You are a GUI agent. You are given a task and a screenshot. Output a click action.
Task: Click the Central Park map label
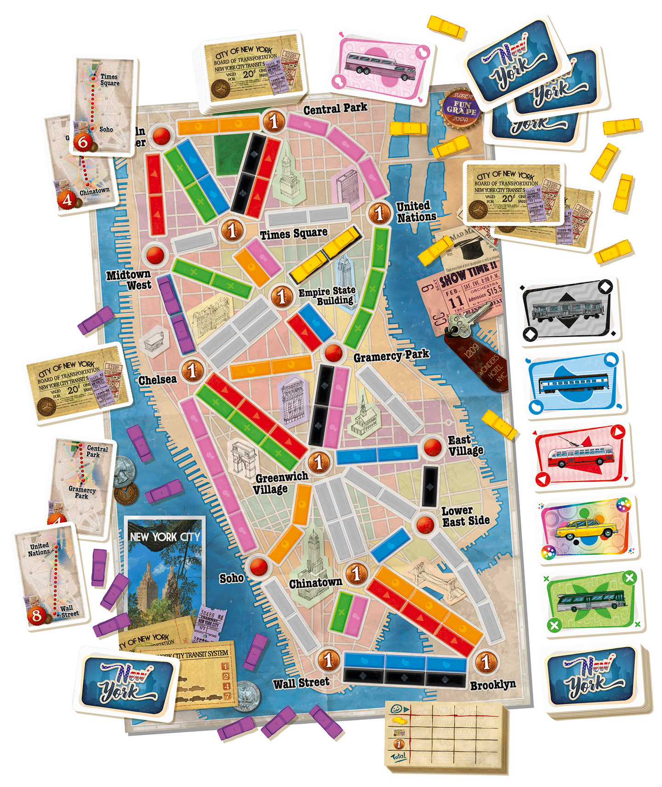[x=335, y=109]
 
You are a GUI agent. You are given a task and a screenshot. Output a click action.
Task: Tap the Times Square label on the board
[x=294, y=234]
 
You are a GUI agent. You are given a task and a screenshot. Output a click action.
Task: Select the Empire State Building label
[x=327, y=295]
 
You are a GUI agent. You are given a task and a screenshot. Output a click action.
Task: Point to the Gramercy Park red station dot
[x=333, y=353]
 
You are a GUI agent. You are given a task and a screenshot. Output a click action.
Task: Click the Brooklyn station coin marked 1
[x=486, y=662]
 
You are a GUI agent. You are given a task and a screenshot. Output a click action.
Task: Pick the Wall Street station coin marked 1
[x=328, y=661]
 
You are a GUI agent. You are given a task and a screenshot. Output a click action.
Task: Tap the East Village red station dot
[x=432, y=446]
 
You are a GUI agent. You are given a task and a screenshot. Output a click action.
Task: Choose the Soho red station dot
[x=258, y=565]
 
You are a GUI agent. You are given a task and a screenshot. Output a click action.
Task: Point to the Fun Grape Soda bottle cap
[x=461, y=108]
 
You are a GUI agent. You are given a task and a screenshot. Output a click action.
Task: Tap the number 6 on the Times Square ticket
[x=83, y=142]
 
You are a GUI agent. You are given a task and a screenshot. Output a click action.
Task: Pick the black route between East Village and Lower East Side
[x=430, y=487]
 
